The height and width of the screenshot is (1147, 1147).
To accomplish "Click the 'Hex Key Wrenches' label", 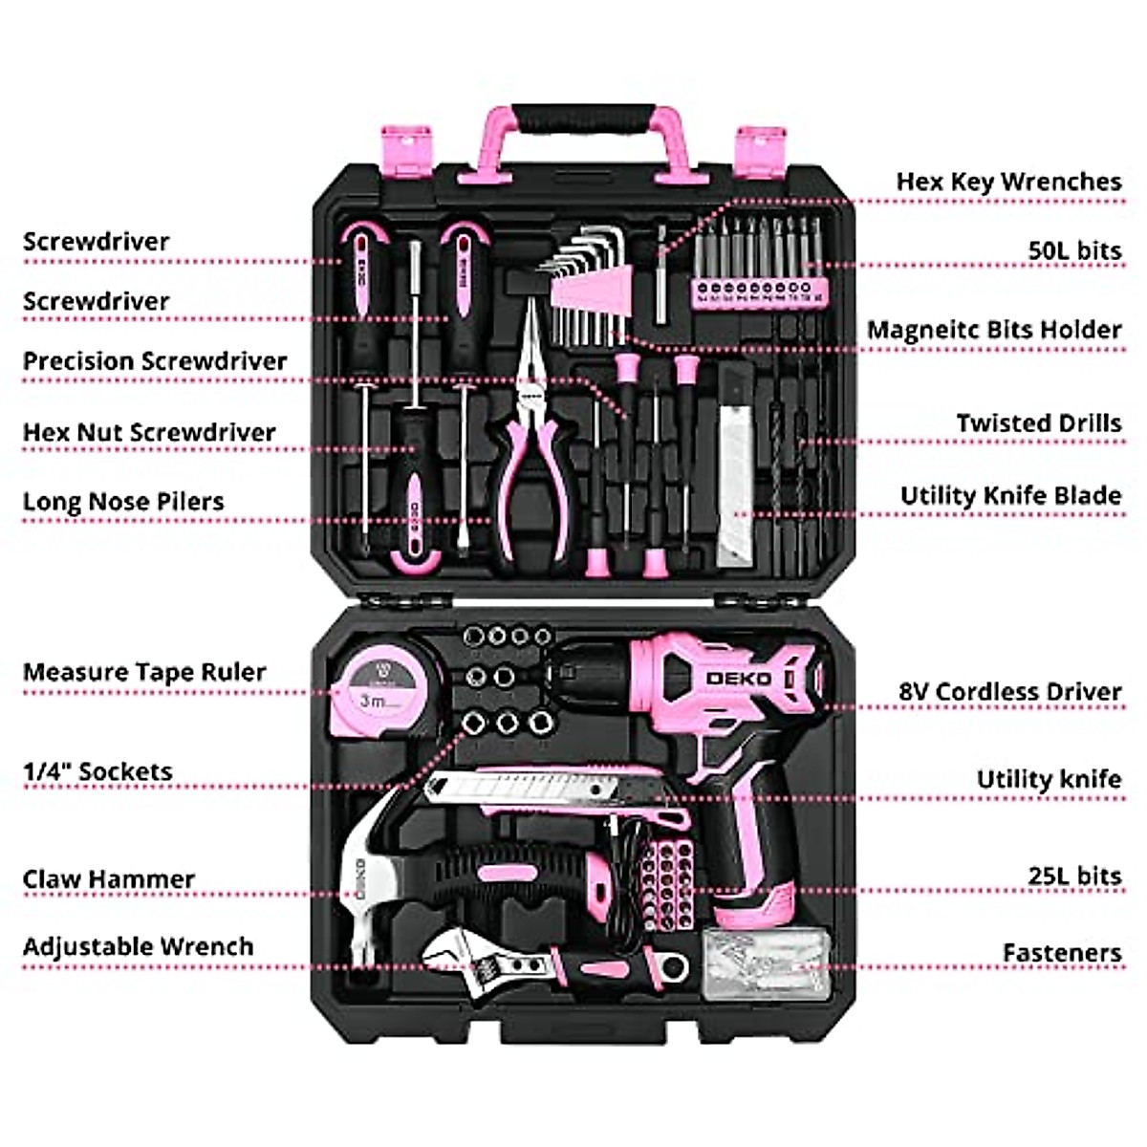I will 1008,182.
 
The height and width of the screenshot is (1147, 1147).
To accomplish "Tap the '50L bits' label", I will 1073,250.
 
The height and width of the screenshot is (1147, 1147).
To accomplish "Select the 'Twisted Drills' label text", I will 1038,423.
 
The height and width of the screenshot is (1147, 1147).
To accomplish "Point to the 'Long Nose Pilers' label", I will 123,502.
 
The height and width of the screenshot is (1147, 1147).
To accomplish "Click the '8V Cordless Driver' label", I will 1009,691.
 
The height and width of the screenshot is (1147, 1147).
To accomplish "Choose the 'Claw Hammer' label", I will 108,878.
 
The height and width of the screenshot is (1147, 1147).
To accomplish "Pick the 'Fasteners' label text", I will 1061,953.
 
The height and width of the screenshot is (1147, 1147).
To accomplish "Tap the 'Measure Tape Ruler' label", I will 144,672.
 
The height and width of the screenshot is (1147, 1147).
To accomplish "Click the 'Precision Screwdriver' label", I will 155,361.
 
